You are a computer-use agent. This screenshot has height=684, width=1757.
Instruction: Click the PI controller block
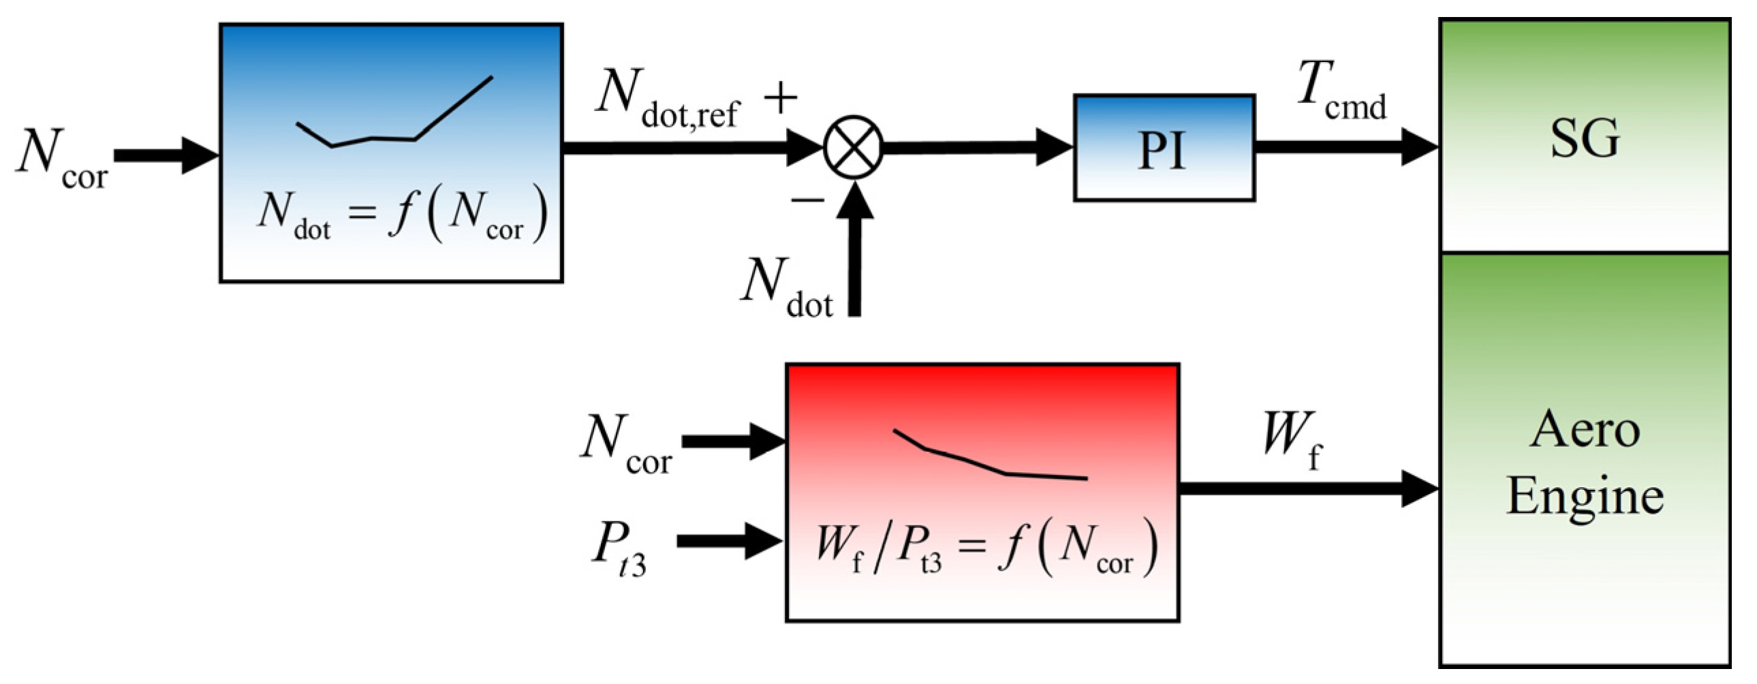1164,148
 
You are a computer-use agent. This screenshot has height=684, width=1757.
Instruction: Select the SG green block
1584,136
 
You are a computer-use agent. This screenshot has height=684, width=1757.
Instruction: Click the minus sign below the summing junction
808,200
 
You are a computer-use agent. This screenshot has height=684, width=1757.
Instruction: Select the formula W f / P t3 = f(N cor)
985,548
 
